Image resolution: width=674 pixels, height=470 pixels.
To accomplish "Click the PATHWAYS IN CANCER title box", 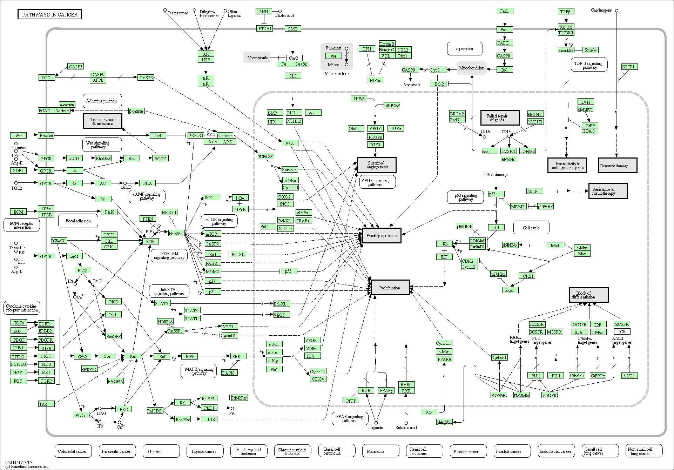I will click(x=49, y=14).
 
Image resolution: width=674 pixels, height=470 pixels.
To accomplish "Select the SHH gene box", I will click(x=264, y=12).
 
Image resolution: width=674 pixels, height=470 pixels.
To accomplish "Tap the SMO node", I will click(x=293, y=29).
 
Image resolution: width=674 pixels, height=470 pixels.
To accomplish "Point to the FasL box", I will click(x=504, y=11).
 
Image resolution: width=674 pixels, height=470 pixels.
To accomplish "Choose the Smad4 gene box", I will click(x=591, y=50).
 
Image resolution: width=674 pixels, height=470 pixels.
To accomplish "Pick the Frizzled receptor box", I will click(x=46, y=135).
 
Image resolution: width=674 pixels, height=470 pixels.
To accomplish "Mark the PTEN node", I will click(x=148, y=219).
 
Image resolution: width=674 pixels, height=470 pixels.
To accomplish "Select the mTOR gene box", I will click(x=211, y=234).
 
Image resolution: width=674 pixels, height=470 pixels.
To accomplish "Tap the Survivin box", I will click(x=289, y=169).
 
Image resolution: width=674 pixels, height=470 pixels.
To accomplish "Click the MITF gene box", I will click(x=535, y=191).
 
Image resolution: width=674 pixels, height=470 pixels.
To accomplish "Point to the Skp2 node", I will click(x=509, y=290).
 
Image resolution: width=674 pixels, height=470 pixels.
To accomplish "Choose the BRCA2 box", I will click(x=457, y=114).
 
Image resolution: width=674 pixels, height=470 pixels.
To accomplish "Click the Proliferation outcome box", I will click(x=390, y=288).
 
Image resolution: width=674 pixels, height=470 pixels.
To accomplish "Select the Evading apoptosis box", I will click(x=382, y=236).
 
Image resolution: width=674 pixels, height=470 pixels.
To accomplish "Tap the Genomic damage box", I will click(x=617, y=166).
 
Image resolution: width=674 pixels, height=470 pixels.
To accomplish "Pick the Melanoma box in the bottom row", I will click(x=375, y=451).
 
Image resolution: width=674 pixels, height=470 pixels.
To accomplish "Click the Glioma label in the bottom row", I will click(x=154, y=451).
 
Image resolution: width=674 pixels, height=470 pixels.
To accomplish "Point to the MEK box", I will click(x=190, y=356).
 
